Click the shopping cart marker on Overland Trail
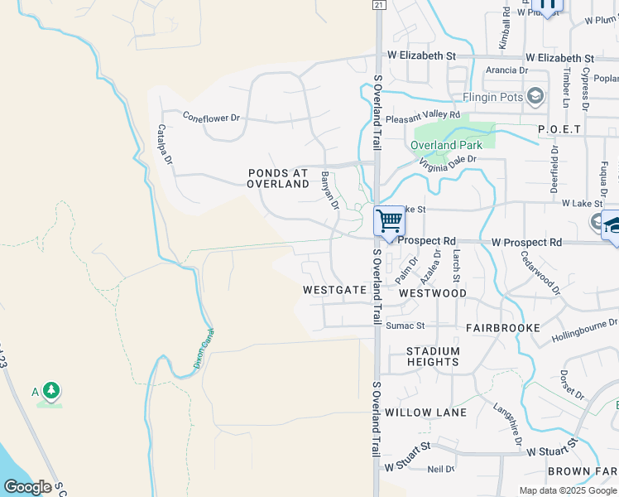tap(389, 221)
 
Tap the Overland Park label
tap(446, 145)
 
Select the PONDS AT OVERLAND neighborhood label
tap(278, 178)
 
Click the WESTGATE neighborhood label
tap(334, 291)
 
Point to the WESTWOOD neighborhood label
tap(432, 293)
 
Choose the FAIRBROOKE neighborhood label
tap(502, 328)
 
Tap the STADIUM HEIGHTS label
tap(433, 356)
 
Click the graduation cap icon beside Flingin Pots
tap(535, 97)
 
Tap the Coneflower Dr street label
tap(211, 118)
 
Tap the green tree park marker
tap(51, 390)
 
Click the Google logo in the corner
tap(27, 487)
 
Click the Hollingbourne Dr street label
tap(583, 328)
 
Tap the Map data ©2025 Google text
tap(568, 490)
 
